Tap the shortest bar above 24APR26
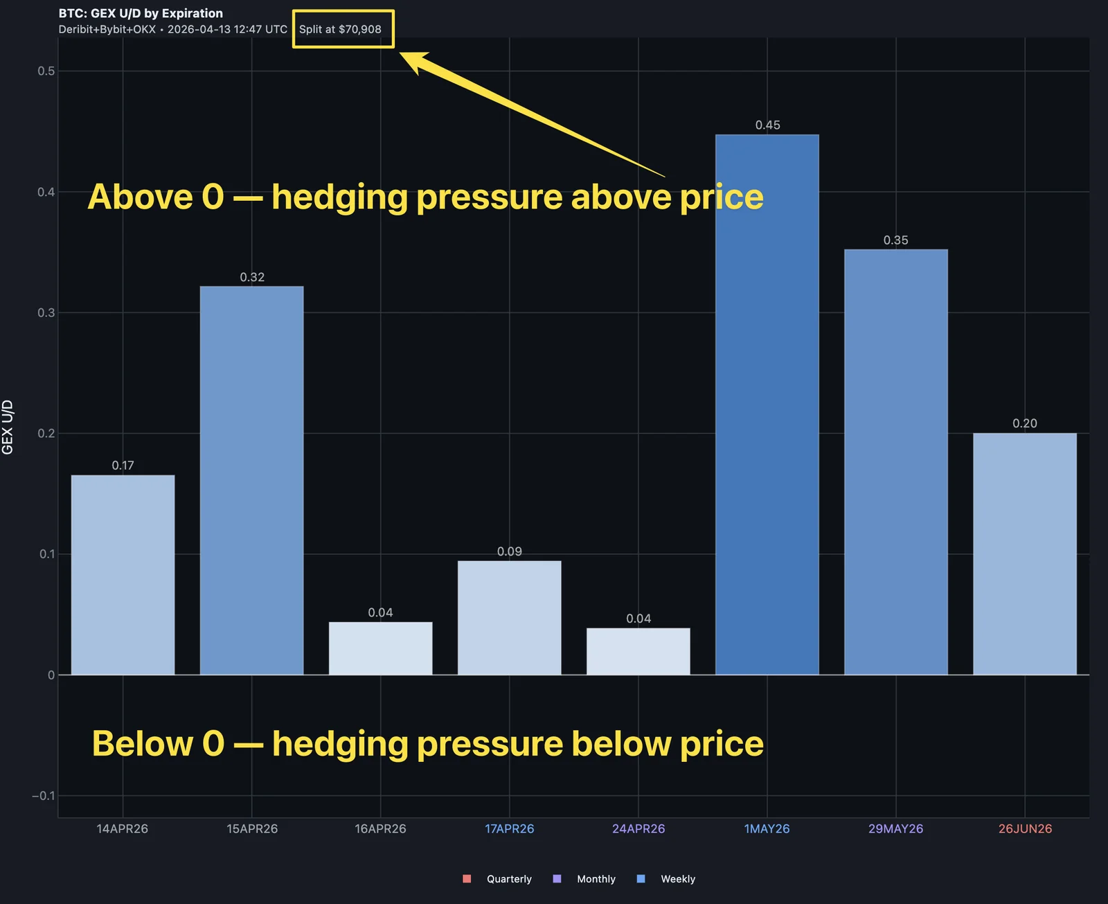(x=638, y=651)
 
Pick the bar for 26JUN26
(x=1024, y=553)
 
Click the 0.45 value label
(x=767, y=125)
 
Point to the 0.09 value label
(x=509, y=551)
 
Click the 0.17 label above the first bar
(x=123, y=466)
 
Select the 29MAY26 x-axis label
(x=895, y=828)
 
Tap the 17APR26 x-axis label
(x=509, y=828)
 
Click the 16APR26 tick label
(x=380, y=828)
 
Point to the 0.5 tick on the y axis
(x=46, y=71)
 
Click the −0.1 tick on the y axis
(x=43, y=795)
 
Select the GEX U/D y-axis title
(x=8, y=427)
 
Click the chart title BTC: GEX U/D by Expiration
(x=141, y=13)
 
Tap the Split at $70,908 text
(x=340, y=29)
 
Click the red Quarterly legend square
(x=467, y=878)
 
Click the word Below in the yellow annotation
(x=142, y=744)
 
